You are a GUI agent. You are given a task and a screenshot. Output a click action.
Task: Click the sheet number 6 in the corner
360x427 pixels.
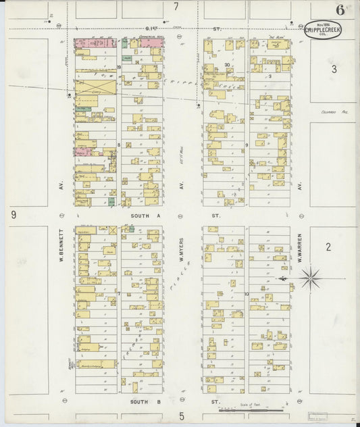pyautogui.click(x=338, y=9)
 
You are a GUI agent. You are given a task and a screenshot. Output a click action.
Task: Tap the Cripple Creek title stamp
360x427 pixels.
pyautogui.click(x=323, y=30)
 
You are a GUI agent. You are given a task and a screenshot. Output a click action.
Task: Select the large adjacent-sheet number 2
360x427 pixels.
pyautogui.click(x=328, y=247)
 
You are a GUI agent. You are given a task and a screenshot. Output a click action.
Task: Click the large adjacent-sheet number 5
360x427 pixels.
pyautogui.click(x=182, y=416)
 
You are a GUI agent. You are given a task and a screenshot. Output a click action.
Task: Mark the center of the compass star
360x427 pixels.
pyautogui.click(x=310, y=277)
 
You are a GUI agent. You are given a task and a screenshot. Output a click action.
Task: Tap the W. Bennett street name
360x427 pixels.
pyautogui.click(x=61, y=248)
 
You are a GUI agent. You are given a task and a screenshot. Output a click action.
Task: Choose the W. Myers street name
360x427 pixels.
pyautogui.click(x=182, y=248)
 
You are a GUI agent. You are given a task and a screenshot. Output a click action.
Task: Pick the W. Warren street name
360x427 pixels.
pyautogui.click(x=300, y=246)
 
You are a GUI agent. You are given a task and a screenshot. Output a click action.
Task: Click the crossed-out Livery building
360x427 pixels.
pyautogui.click(x=95, y=86)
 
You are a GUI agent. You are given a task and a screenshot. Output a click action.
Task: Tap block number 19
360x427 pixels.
pyautogui.click(x=118, y=68)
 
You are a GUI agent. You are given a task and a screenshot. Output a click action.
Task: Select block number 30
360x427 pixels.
pyautogui.click(x=227, y=65)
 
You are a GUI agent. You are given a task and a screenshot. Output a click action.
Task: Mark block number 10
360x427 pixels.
pyautogui.click(x=247, y=293)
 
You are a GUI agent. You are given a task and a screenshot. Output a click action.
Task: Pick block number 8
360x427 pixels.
pyautogui.click(x=118, y=145)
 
